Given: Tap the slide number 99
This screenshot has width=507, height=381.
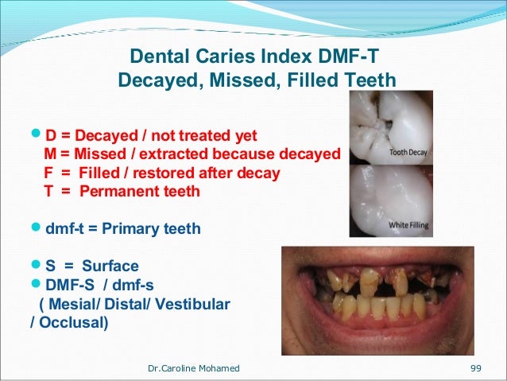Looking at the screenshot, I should (477, 367).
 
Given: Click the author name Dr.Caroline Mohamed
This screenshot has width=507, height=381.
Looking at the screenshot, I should (194, 367).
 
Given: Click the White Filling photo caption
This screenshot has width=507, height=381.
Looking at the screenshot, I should (408, 226).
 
